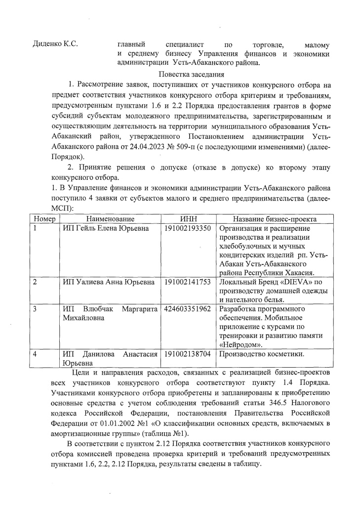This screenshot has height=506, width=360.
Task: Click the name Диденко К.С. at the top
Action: [55, 45]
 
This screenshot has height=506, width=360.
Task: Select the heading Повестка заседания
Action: [191, 75]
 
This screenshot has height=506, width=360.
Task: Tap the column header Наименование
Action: [110, 219]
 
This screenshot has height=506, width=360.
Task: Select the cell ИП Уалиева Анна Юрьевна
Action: [102, 282]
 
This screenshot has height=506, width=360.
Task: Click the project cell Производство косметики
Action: [261, 354]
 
